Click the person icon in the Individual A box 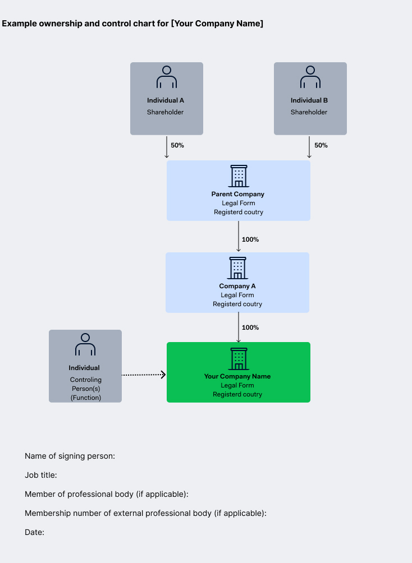tap(167, 77)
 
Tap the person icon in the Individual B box tap(310, 77)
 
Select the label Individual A tap(166, 100)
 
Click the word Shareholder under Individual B tap(309, 112)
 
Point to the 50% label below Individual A tap(177, 145)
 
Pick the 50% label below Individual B tap(321, 145)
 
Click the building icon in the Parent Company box tap(239, 176)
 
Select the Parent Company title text tap(237, 194)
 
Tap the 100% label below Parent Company tap(250, 239)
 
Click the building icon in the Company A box tap(237, 268)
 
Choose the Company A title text tap(237, 286)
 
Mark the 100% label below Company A tap(250, 327)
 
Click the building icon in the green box tap(239, 359)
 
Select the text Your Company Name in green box tap(237, 376)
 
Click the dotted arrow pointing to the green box tap(144, 375)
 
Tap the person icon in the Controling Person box tap(85, 344)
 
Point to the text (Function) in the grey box tap(85, 398)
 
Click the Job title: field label tap(40, 475)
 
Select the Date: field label tap(34, 532)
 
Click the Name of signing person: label tap(70, 456)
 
